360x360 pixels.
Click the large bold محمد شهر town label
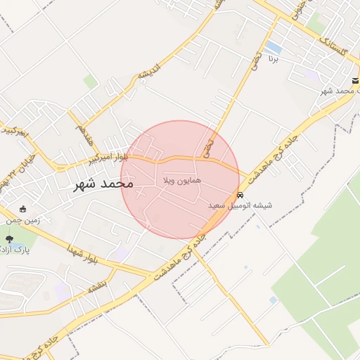click(103, 185)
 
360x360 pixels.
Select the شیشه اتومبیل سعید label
click(240, 206)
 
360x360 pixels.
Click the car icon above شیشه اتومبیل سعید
click(240, 195)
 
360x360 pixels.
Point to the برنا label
click(273, 60)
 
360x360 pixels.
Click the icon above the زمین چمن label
click(22, 209)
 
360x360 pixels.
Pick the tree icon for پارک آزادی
click(9, 240)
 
